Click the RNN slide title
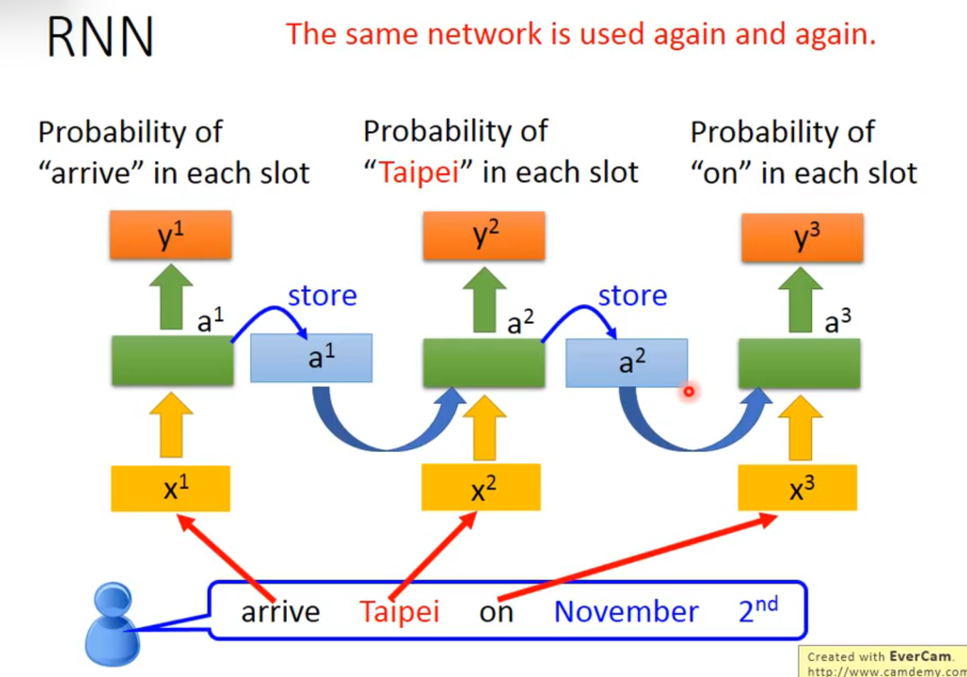click(100, 37)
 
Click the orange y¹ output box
click(170, 235)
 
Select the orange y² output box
click(484, 235)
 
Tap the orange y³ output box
click(803, 238)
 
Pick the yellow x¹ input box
click(170, 488)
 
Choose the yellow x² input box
click(481, 488)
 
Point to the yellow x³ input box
click(798, 488)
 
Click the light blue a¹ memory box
click(311, 358)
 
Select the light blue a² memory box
click(627, 363)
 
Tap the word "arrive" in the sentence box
click(281, 612)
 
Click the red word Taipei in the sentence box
click(399, 612)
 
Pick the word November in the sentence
click(626, 612)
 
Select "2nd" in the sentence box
click(758, 610)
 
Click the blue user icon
click(113, 624)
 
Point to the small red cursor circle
click(689, 391)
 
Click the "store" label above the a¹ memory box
click(322, 295)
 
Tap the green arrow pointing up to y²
click(484, 299)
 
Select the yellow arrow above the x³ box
click(800, 427)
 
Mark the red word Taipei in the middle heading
click(419, 173)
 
